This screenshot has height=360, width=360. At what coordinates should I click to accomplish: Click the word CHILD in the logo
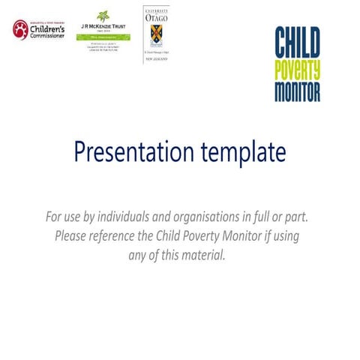[x=298, y=42]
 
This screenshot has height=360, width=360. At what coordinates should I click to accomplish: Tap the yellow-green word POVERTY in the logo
[x=298, y=70]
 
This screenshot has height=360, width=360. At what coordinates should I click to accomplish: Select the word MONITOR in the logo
[x=298, y=91]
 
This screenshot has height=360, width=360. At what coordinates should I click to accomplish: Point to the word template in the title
[x=241, y=152]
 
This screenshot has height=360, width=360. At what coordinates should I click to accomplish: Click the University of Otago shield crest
[x=156, y=34]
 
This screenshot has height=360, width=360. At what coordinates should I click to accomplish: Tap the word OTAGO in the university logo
[x=156, y=17]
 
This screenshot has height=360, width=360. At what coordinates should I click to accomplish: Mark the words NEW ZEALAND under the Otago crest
[x=156, y=58]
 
